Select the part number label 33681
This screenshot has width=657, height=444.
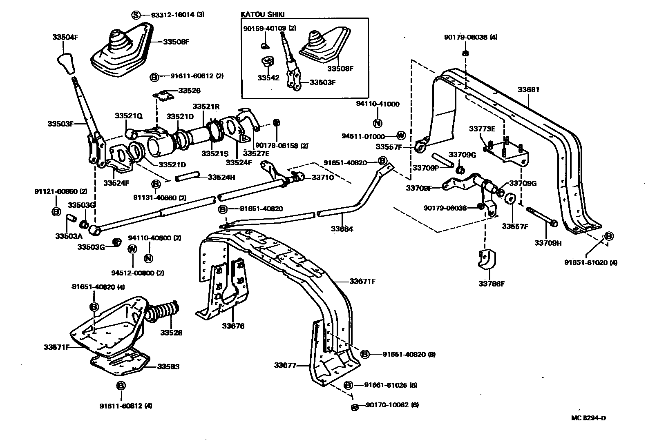point(528,90)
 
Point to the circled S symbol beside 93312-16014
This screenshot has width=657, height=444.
point(135,15)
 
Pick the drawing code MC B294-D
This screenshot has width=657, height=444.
point(588,418)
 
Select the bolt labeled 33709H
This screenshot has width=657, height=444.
point(541,215)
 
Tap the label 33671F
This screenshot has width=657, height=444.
point(362,282)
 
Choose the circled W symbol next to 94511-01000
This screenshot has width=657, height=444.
point(401,136)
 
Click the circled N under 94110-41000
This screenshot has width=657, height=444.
point(377,123)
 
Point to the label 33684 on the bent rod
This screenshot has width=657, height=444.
point(342,229)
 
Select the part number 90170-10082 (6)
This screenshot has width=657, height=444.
point(392,405)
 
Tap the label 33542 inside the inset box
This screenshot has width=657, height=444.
point(268,78)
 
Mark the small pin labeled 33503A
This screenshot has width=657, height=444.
point(70,218)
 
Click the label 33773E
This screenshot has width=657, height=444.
point(482,129)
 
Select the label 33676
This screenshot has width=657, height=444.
point(233,326)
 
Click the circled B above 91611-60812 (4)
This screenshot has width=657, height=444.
point(121,386)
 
